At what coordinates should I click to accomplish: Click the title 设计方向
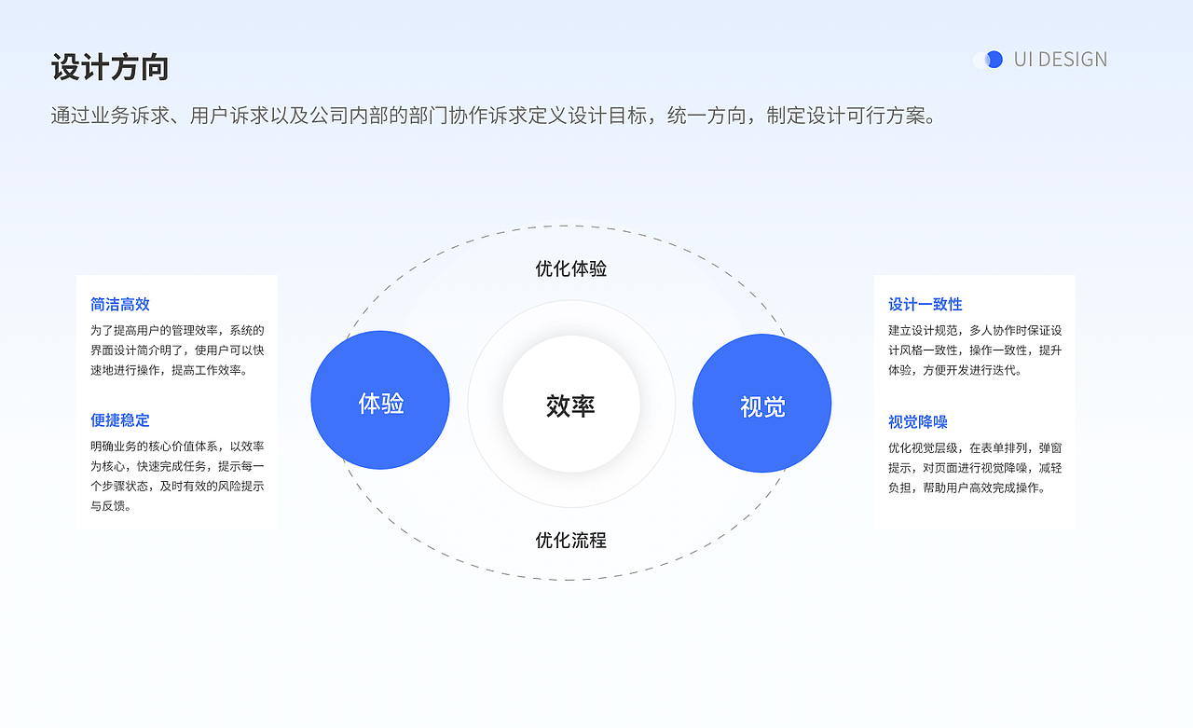110,68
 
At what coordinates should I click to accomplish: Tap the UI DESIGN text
1061,60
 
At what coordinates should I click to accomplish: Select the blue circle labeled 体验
380,401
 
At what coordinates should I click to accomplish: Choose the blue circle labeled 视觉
761,404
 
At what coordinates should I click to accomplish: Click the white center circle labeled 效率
570,405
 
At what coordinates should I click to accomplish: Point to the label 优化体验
570,268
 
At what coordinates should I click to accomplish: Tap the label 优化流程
570,540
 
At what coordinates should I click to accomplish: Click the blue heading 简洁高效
120,304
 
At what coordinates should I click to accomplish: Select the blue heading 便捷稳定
120,420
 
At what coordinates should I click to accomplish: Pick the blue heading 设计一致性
926,304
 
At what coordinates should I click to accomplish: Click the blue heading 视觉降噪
918,421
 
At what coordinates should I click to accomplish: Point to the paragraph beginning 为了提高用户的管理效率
177,350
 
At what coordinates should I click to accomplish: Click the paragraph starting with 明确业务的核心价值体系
177,475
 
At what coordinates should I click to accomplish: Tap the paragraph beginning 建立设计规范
975,350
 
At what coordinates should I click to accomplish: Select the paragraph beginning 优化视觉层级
975,467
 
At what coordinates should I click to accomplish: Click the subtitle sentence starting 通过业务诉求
494,117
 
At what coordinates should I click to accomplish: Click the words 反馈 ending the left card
116,506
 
